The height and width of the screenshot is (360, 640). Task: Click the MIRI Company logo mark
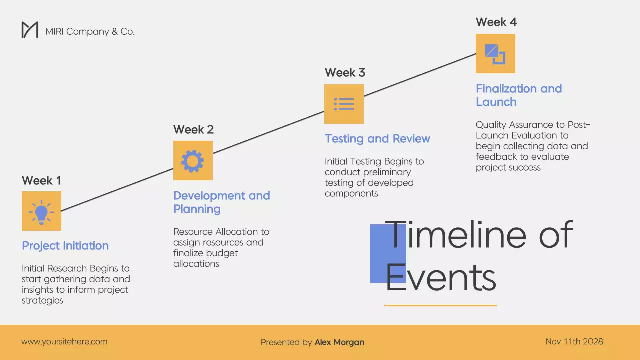30,30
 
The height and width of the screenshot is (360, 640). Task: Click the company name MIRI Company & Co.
90,31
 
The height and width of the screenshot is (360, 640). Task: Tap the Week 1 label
41,180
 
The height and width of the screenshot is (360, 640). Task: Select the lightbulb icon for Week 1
41,211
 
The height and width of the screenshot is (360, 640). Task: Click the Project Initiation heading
65,246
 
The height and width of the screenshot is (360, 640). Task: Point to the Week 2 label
193,130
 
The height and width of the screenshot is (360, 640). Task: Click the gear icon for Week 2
193,160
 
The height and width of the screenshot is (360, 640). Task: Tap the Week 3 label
345,73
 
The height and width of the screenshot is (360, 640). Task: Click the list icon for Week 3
344,104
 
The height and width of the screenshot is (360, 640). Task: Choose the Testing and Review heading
377,139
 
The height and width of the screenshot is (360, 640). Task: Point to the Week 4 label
496,22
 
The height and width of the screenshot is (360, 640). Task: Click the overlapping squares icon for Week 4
495,54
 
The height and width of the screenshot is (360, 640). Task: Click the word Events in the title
440,278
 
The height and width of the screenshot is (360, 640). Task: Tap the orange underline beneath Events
440,305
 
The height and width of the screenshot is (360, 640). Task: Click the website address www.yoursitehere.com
64,342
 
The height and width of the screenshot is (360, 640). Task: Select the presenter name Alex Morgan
339,342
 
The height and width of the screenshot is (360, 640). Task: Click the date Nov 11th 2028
574,342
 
